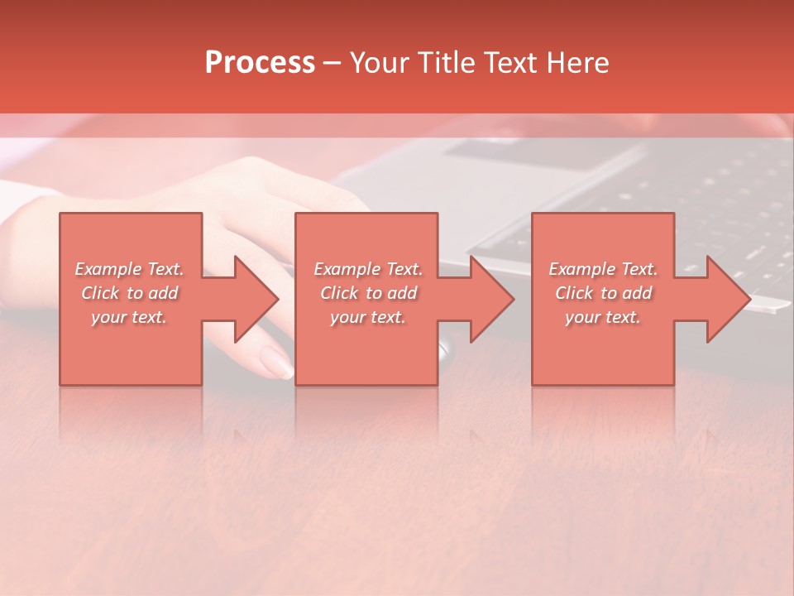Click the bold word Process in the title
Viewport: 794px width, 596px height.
(260, 63)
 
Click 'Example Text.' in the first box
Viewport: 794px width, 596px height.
(129, 269)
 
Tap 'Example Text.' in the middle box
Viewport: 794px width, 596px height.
(368, 269)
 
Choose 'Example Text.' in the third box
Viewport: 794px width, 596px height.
(603, 269)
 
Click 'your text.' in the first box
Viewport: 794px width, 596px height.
(129, 317)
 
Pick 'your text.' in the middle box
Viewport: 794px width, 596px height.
(368, 317)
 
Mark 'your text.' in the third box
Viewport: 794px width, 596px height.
(603, 317)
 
